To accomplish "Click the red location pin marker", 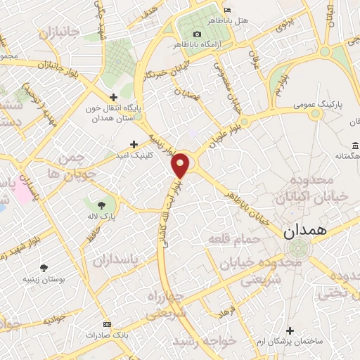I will tap(181, 165).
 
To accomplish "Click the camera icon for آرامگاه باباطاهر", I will tap(197, 34).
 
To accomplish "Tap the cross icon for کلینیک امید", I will tap(134, 143).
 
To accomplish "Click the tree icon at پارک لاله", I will tap(103, 205).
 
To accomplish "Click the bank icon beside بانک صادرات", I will tap(106, 324).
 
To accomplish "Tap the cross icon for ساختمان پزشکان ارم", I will tap(290, 330).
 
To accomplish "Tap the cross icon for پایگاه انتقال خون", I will tap(113, 98).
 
